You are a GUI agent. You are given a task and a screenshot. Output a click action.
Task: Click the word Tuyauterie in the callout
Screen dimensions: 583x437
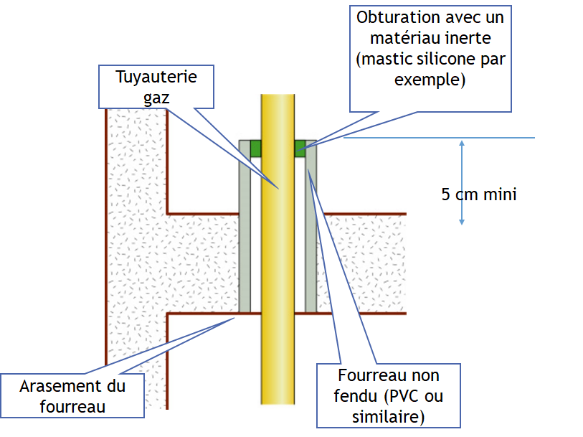pos(156,77)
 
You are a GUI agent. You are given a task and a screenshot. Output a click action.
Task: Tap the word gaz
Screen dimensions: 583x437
pos(156,98)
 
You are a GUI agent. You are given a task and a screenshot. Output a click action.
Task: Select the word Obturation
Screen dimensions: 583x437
pos(399,17)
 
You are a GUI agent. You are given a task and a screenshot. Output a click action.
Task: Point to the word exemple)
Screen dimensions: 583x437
pos(430,80)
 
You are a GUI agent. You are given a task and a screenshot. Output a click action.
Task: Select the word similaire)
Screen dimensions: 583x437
pos(389,417)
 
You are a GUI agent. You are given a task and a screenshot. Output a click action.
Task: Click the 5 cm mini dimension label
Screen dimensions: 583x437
pos(479,194)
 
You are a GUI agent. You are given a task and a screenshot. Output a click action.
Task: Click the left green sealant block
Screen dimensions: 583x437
pos(255,149)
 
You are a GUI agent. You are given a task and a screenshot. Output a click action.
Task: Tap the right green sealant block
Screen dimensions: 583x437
pos(300,149)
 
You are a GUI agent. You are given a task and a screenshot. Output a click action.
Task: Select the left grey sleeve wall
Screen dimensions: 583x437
pos(245,226)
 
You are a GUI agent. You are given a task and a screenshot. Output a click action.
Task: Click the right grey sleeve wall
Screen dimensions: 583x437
pos(311,226)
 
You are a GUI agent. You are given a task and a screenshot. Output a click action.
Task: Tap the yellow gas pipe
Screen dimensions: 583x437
pos(278,249)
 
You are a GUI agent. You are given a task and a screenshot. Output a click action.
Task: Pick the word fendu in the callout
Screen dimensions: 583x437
pos(356,397)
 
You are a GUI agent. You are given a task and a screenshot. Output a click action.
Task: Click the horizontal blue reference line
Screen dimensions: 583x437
pos(439,138)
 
